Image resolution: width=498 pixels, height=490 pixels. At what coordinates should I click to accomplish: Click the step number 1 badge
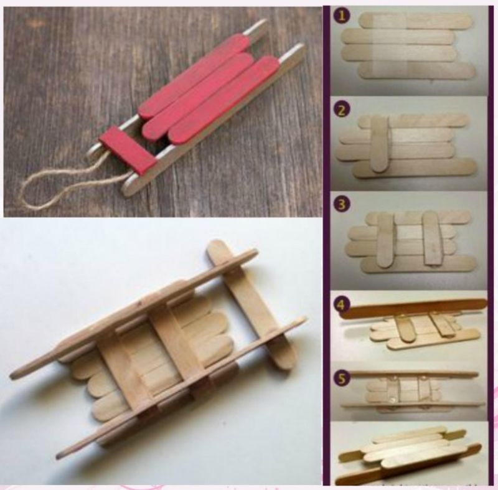(x=341, y=16)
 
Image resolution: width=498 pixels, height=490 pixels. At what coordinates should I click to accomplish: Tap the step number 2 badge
(x=341, y=110)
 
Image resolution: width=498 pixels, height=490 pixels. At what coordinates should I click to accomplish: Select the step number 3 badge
(x=341, y=204)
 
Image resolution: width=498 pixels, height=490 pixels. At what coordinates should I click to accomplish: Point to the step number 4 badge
(x=341, y=305)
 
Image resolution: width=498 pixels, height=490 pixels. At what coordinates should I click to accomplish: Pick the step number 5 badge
(x=341, y=379)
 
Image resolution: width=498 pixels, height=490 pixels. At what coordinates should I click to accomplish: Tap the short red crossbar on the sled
(x=128, y=149)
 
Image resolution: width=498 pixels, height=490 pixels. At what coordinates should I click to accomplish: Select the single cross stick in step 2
(x=380, y=144)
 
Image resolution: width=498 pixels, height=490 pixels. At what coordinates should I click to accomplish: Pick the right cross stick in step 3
(x=433, y=238)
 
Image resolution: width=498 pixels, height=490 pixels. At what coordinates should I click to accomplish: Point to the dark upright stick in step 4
(x=413, y=308)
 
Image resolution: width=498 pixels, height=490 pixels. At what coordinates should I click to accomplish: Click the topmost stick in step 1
(x=415, y=21)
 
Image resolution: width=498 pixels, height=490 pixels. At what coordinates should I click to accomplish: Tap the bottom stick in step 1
(x=416, y=70)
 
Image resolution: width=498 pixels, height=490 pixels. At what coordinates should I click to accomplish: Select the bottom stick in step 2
(x=415, y=167)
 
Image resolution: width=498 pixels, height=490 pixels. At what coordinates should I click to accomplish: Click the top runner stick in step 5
(x=413, y=374)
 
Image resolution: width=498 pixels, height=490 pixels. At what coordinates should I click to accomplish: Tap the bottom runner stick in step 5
(x=413, y=405)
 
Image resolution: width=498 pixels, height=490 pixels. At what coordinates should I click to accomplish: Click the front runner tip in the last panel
(x=337, y=479)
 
